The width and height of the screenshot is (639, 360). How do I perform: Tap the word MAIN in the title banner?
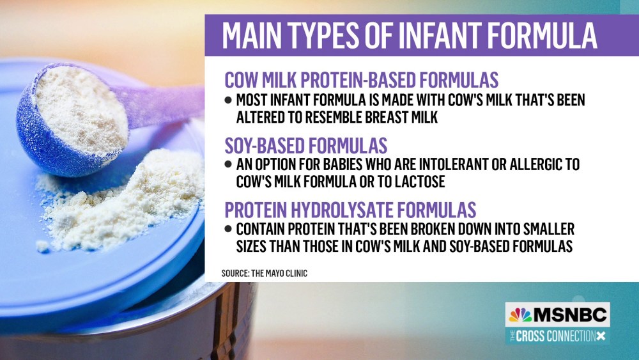pos(251,35)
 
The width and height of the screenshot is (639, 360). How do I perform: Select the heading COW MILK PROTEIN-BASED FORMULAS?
pos(362,80)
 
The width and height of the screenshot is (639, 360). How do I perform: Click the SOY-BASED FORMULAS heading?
pos(306,146)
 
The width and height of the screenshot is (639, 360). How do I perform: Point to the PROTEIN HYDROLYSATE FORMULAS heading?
pos(350,210)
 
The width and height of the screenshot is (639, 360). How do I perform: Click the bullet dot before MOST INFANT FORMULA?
pos(228,100)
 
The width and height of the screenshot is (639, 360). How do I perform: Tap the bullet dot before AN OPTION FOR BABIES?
pos(228,164)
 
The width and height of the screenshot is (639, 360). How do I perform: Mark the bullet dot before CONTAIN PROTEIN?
pos(228,229)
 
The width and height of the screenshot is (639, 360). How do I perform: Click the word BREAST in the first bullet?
pos(389,118)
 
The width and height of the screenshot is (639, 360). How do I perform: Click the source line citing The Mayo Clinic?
pos(265,273)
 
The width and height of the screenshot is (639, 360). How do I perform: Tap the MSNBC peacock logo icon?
pos(520,315)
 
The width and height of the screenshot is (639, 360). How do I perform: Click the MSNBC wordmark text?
pos(570,315)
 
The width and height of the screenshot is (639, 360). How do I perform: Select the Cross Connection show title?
pos(557,336)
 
